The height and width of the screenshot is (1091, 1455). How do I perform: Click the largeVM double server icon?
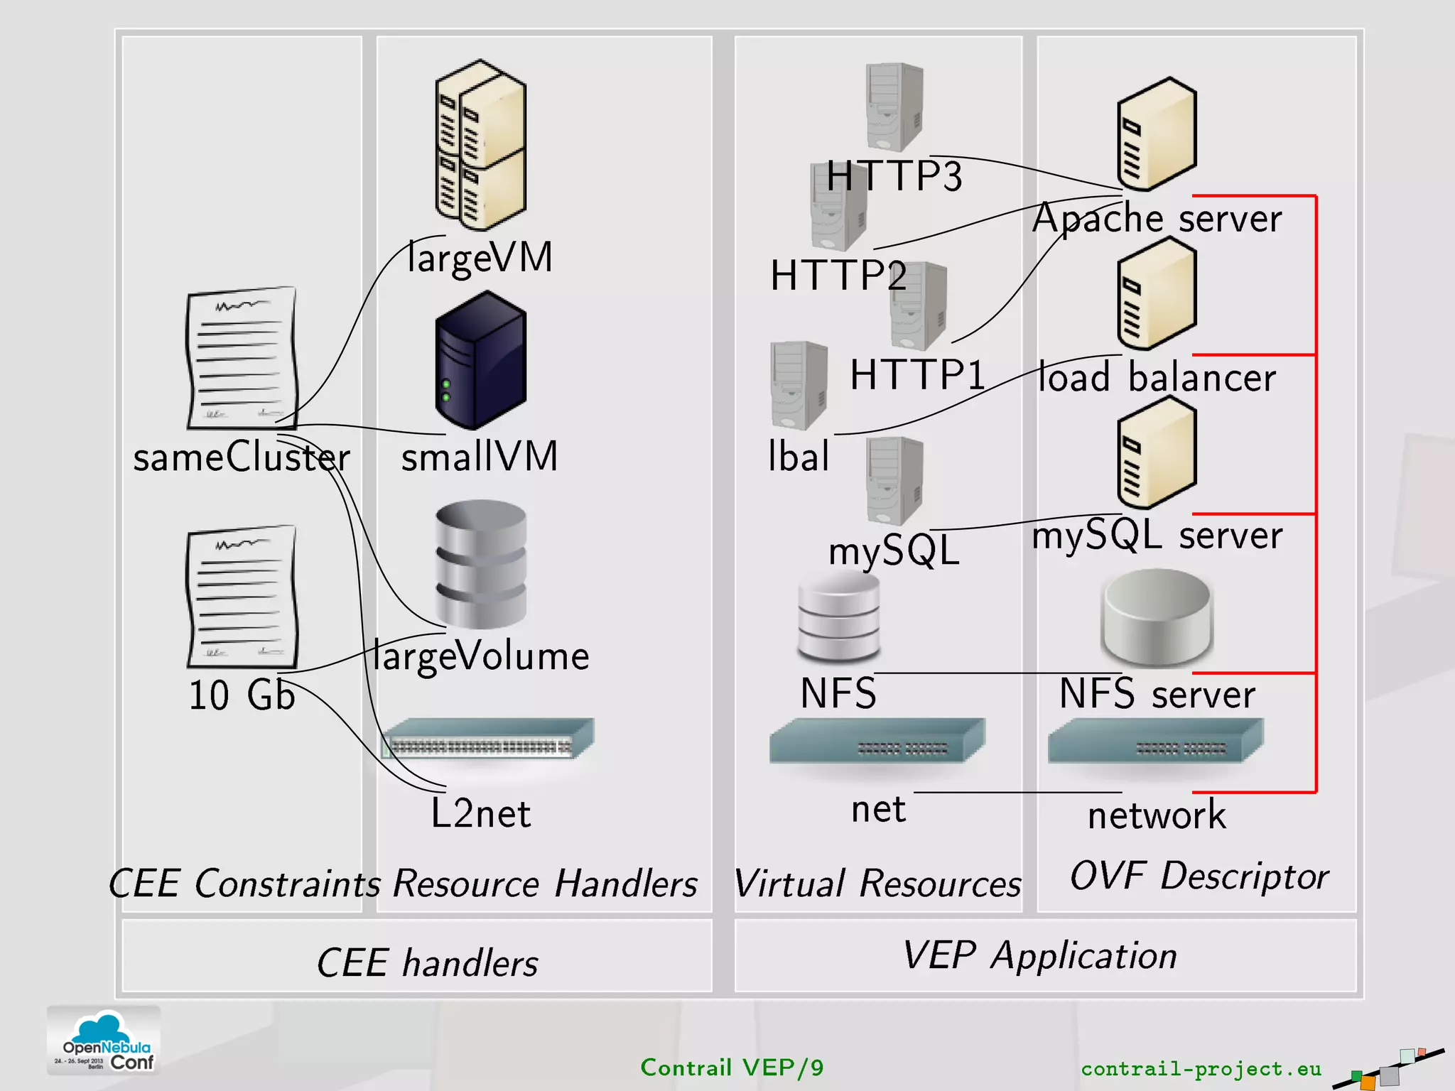[481, 146]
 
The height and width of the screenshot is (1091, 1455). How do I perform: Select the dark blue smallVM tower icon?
[481, 360]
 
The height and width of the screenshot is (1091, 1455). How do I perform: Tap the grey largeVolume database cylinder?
[481, 565]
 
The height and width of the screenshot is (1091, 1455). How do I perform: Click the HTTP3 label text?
[894, 176]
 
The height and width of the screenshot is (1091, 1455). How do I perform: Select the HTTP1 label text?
[917, 374]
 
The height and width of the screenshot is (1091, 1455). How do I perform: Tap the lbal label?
[799, 456]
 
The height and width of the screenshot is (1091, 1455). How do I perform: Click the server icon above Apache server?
[1157, 135]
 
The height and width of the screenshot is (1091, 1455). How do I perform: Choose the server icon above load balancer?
[1157, 294]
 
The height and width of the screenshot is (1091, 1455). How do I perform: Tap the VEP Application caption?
[1040, 955]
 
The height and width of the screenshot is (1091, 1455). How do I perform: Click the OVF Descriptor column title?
[1199, 875]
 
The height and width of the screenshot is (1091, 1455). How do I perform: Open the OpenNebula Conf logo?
[104, 1041]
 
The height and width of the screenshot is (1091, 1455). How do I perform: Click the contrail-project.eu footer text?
[1201, 1068]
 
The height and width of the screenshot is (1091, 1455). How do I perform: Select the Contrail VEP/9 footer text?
[732, 1068]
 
